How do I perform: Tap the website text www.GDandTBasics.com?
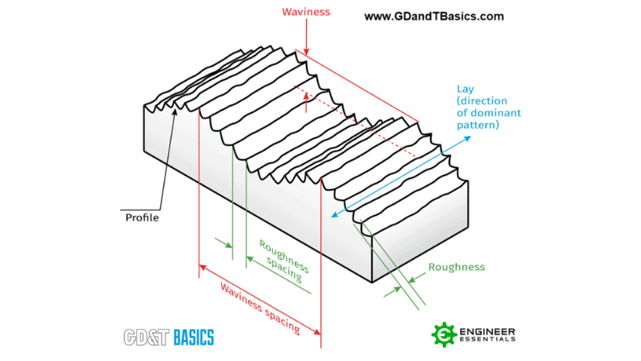click(433, 16)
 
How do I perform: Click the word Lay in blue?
click(466, 89)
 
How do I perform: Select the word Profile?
click(142, 217)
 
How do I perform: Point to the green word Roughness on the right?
click(457, 267)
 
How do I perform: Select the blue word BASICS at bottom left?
click(194, 337)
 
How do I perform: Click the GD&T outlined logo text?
click(147, 337)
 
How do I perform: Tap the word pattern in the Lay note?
click(478, 126)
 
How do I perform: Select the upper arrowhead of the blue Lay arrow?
click(469, 138)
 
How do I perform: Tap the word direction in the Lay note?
click(484, 101)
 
